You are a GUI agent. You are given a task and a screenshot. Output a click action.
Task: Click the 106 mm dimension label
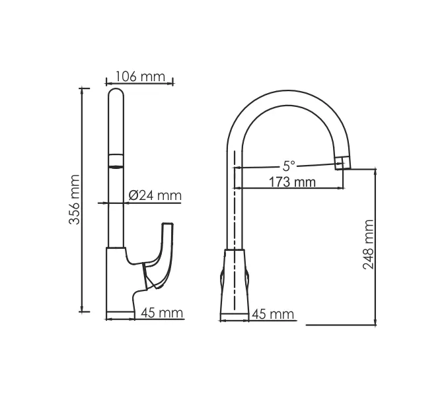tap(139, 76)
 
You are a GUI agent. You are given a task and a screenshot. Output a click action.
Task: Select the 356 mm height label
tap(75, 199)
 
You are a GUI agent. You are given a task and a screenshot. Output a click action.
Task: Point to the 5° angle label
tap(288, 166)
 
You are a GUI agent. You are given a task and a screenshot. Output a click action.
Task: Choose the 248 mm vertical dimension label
tap(369, 246)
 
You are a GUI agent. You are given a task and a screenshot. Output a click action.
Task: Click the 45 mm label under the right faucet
tap(273, 314)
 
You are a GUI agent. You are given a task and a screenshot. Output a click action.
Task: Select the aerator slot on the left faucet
tap(116, 161)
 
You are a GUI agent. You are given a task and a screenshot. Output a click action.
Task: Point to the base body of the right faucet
tap(235, 284)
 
